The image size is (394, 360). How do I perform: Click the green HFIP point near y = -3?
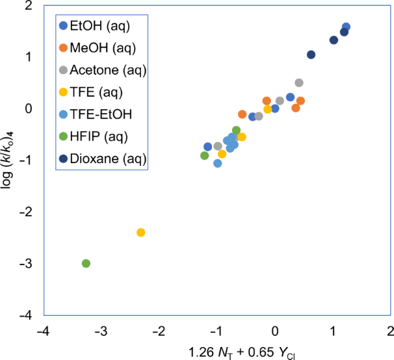(x=86, y=263)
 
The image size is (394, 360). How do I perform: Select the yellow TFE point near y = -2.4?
(x=140, y=233)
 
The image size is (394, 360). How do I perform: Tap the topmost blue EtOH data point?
(x=346, y=27)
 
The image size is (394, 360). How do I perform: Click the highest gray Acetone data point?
(x=299, y=83)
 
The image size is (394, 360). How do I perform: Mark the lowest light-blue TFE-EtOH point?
(x=218, y=163)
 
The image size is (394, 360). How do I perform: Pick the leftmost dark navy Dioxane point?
(x=311, y=55)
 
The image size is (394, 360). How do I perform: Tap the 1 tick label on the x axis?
(x=333, y=330)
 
